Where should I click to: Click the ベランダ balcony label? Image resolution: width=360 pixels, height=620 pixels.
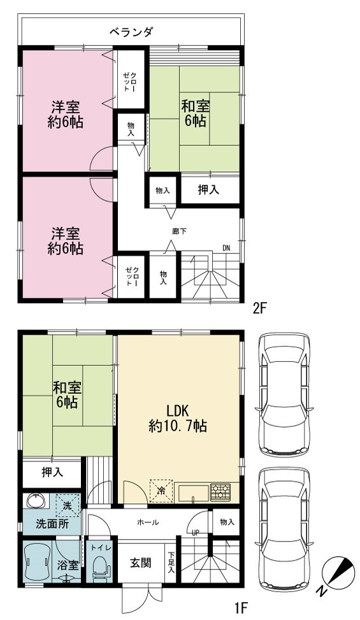(x=131, y=31)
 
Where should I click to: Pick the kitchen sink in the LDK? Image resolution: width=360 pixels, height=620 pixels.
(x=194, y=493)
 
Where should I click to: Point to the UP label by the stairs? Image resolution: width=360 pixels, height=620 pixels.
(x=195, y=533)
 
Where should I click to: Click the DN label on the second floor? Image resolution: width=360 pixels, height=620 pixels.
(x=226, y=249)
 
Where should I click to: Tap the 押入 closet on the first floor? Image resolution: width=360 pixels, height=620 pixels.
(x=52, y=473)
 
